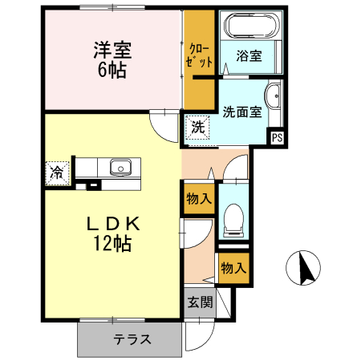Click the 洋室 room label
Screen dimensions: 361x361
(112, 49)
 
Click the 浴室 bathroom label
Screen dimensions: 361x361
(249, 56)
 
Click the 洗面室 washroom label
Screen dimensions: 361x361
(242, 112)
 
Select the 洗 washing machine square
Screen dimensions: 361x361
(197, 127)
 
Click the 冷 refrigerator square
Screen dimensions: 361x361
(58, 172)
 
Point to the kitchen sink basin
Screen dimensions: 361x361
(121, 168)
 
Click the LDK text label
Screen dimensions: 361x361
(113, 223)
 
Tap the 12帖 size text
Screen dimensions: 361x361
(112, 245)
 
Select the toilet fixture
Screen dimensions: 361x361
(233, 217)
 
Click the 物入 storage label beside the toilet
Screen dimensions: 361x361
(198, 198)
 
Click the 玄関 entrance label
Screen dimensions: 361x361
(201, 302)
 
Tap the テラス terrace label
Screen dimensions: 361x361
(132, 339)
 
